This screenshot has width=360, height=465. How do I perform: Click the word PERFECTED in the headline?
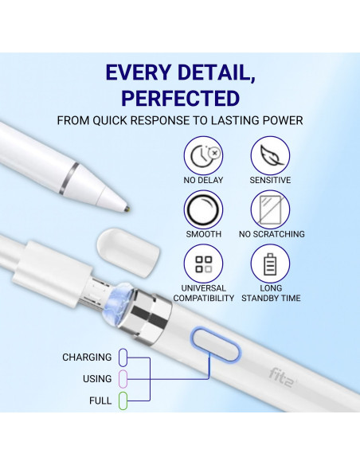(180, 99)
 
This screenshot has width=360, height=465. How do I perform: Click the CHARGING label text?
(87, 358)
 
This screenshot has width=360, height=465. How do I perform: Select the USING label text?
(97, 379)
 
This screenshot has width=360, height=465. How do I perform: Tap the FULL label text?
(100, 401)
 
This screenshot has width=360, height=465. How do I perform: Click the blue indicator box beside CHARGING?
(123, 357)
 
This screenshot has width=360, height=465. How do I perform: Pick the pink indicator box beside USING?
(123, 378)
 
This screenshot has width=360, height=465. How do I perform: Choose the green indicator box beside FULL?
(123, 401)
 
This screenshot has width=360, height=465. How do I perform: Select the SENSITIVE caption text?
(270, 180)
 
